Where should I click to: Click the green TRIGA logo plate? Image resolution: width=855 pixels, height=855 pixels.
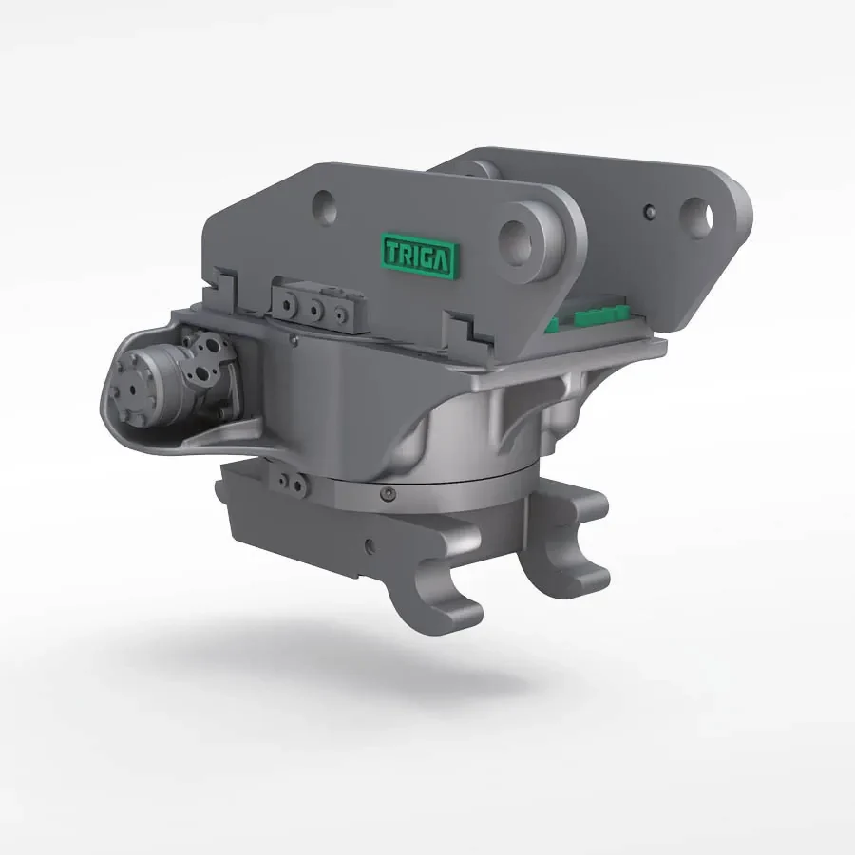419,255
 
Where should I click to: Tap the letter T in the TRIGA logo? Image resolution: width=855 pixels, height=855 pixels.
392,252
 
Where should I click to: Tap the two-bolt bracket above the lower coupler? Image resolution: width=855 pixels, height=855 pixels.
290,482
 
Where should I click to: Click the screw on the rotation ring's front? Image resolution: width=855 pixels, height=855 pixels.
388,493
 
